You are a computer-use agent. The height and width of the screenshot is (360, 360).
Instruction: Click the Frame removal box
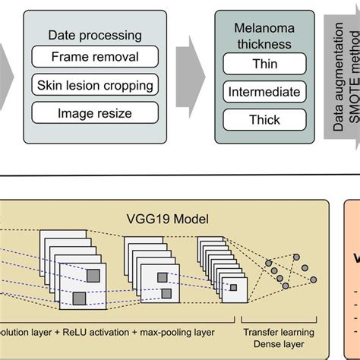[x=95, y=57]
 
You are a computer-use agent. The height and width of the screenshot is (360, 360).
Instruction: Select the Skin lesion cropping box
[x=95, y=85]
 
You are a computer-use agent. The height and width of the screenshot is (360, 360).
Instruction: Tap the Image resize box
[x=95, y=114]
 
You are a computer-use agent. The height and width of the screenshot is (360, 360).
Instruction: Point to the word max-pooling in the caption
[x=163, y=332]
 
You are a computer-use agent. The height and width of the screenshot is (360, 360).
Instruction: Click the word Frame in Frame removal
[x=69, y=57]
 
